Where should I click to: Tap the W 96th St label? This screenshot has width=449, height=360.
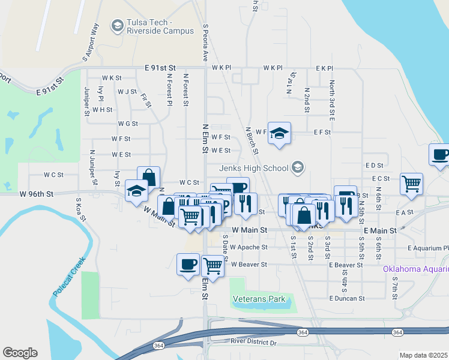37,194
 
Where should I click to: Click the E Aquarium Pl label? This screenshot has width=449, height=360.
427,248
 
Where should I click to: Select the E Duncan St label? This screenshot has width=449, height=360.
347,298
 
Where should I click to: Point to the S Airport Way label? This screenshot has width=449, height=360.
91,42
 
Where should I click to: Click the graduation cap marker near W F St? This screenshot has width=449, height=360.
279,133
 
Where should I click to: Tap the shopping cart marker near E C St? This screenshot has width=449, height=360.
411,184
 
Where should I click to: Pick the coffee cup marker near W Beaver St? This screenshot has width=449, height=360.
188,264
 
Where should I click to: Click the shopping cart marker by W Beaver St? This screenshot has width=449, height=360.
212,264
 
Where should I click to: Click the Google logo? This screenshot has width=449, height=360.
20,353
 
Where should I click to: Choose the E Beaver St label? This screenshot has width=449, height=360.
346,265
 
